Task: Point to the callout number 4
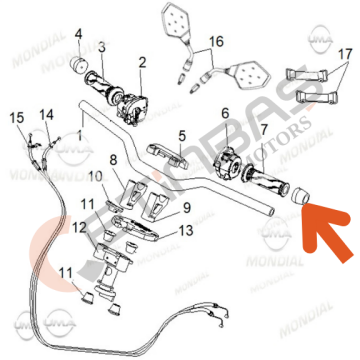point(79,34)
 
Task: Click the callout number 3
point(101,46)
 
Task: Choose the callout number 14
point(45,116)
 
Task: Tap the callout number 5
point(182,135)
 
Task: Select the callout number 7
point(263,130)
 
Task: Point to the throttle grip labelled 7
point(269,181)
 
